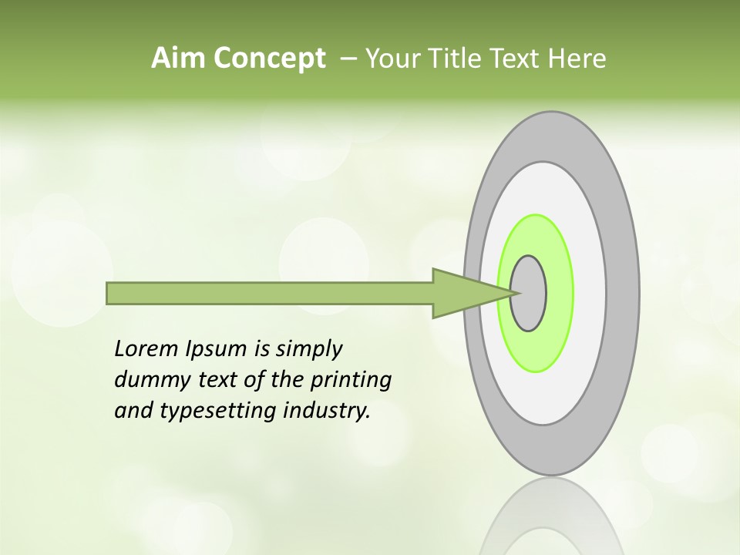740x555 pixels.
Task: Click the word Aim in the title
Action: coord(173,59)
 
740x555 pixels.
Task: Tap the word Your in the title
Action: coord(388,59)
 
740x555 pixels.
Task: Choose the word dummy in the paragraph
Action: coord(147,380)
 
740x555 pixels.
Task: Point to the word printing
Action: coord(350,381)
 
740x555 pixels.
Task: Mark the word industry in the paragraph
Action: coord(327,411)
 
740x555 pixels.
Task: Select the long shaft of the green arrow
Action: coord(270,294)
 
